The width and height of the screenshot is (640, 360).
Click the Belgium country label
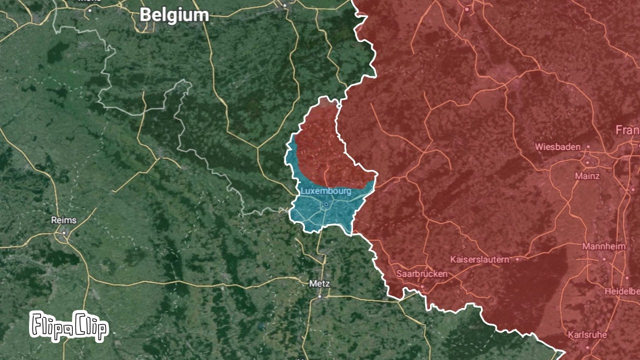pyautogui.click(x=173, y=15)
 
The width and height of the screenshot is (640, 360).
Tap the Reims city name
pyautogui.click(x=64, y=220)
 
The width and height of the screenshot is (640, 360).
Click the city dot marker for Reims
pyautogui.click(x=64, y=232)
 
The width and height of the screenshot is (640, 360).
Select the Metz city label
pyautogui.click(x=319, y=283)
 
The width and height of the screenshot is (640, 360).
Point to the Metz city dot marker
pyautogui.click(x=320, y=296)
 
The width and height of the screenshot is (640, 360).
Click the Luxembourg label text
pyautogui.click(x=325, y=191)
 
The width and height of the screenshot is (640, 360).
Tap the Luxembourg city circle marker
pyautogui.click(x=326, y=204)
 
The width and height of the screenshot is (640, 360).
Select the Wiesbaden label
pyautogui.click(x=557, y=147)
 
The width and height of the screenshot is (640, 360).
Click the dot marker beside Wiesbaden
pyautogui.click(x=588, y=147)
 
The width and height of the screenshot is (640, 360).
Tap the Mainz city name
pyautogui.click(x=587, y=176)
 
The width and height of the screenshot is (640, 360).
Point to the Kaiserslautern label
pyautogui.click(x=479, y=259)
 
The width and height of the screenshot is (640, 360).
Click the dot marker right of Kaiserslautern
pyautogui.click(x=517, y=259)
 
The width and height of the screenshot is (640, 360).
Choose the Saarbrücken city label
pyautogui.click(x=421, y=274)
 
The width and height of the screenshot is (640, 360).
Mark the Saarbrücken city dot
pyautogui.click(x=422, y=287)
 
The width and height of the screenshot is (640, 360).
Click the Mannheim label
pyautogui.click(x=603, y=247)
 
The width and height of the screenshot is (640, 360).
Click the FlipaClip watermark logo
pyautogui.click(x=68, y=326)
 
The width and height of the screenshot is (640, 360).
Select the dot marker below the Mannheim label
pyautogui.click(x=604, y=259)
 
